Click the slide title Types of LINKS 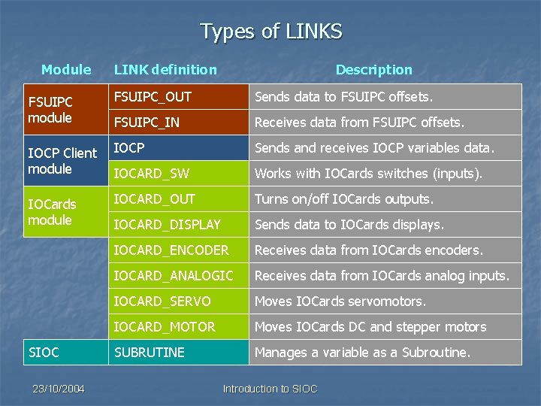pos(270,32)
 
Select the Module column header pos(66,70)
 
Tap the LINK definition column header pos(165,70)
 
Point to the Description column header pos(373,70)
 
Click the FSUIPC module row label pos(50,110)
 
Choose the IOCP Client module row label pos(62,161)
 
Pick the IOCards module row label pos(51,212)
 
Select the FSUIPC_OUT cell pos(153,97)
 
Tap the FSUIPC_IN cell pos(147,123)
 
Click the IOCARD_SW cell pos(151,174)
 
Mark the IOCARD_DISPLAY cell pos(167,225)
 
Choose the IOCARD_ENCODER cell pos(171,250)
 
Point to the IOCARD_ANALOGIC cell pos(174,276)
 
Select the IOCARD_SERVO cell pos(162,301)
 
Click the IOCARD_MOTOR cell pos(165,327)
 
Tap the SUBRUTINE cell pos(149,352)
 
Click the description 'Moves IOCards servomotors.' pos(340,301)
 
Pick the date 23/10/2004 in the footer pos(59,389)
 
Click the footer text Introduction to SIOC pos(270,389)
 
